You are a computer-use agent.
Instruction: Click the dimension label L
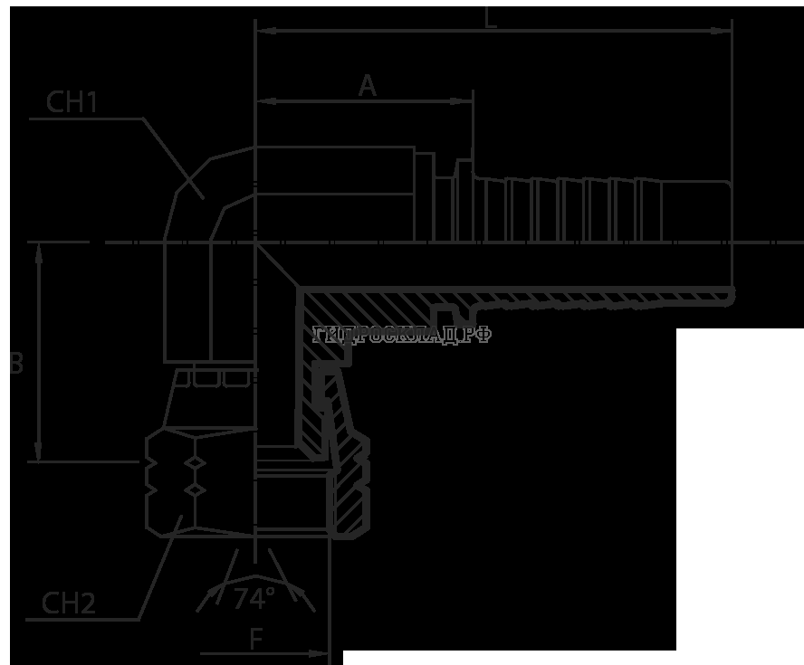pos(490,19)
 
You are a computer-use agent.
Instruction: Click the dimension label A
pos(367,86)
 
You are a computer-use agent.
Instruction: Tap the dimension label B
pos(14,365)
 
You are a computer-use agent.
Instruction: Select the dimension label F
pos(256,641)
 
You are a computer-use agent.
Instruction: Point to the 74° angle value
pos(254,598)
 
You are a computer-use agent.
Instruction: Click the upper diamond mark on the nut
pos(195,464)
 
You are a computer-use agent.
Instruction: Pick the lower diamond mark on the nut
pos(195,489)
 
